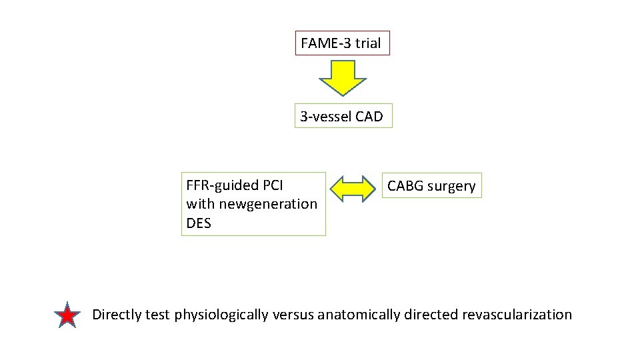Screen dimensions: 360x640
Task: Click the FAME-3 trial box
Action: click(342, 43)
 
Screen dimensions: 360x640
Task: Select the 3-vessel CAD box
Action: click(343, 117)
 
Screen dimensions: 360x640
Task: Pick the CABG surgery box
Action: click(431, 186)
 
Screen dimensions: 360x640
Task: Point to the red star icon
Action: click(67, 316)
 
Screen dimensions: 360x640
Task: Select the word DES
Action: click(199, 223)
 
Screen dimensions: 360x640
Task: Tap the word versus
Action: click(293, 315)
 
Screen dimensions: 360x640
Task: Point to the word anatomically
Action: click(359, 315)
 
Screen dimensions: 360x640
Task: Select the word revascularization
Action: click(517, 315)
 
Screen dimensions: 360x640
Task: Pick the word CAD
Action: click(369, 117)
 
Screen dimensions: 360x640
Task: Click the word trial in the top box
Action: click(368, 43)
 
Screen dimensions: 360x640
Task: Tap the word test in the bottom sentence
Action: click(159, 315)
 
